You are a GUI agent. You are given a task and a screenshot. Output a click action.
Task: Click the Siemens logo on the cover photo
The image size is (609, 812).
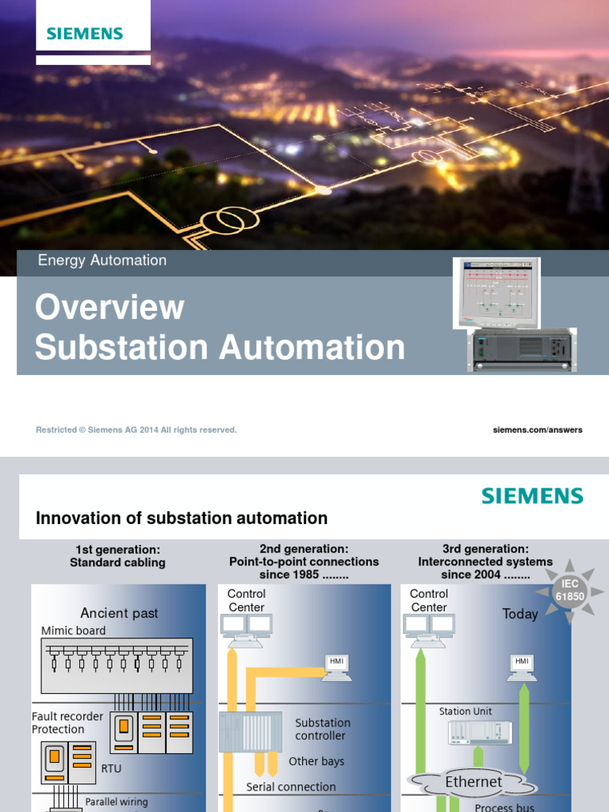(85, 33)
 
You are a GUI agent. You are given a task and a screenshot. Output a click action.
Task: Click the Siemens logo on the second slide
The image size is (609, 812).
(532, 496)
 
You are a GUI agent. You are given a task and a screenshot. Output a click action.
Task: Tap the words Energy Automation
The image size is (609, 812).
(102, 260)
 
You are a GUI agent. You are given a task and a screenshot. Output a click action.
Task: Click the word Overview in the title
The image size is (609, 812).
(109, 307)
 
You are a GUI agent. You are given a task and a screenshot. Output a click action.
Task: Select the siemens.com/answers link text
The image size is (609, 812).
(538, 430)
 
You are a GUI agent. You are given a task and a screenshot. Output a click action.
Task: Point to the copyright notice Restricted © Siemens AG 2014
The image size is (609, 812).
(136, 430)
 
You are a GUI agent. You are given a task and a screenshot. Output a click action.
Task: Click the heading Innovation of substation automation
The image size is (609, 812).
(182, 518)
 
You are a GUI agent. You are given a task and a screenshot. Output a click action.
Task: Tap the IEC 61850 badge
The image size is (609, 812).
(570, 590)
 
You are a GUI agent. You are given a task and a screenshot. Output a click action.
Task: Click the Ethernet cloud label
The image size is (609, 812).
(473, 782)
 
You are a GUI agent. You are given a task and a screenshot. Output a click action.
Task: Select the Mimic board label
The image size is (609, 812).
(73, 630)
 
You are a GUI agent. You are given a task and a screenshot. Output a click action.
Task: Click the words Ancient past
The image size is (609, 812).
(119, 613)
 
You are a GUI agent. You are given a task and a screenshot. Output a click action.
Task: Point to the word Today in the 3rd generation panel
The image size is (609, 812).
(519, 614)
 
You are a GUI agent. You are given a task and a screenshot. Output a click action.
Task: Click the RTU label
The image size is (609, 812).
(111, 768)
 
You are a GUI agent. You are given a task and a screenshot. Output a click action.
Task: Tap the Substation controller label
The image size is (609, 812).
(322, 729)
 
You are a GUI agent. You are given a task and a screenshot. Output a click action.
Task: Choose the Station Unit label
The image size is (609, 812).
(465, 711)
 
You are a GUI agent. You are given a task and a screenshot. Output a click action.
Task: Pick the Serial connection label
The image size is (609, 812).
(291, 787)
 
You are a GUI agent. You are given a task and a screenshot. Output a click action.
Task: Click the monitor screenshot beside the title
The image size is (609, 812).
(496, 292)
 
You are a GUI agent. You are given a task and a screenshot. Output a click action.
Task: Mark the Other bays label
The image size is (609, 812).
(316, 761)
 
